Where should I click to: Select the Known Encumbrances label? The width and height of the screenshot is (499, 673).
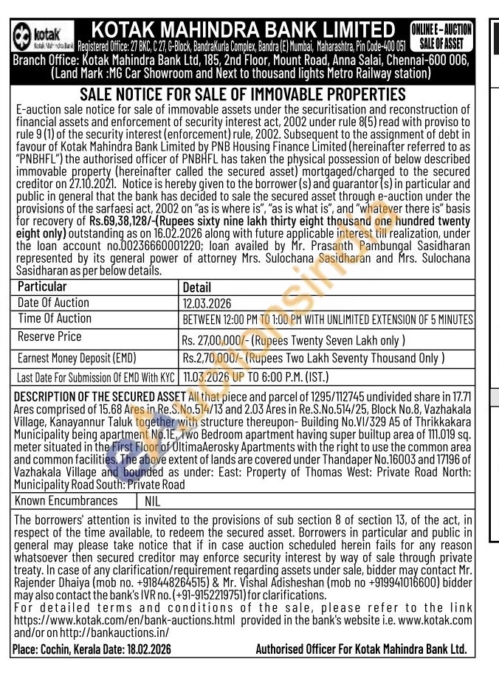click(67, 501)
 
